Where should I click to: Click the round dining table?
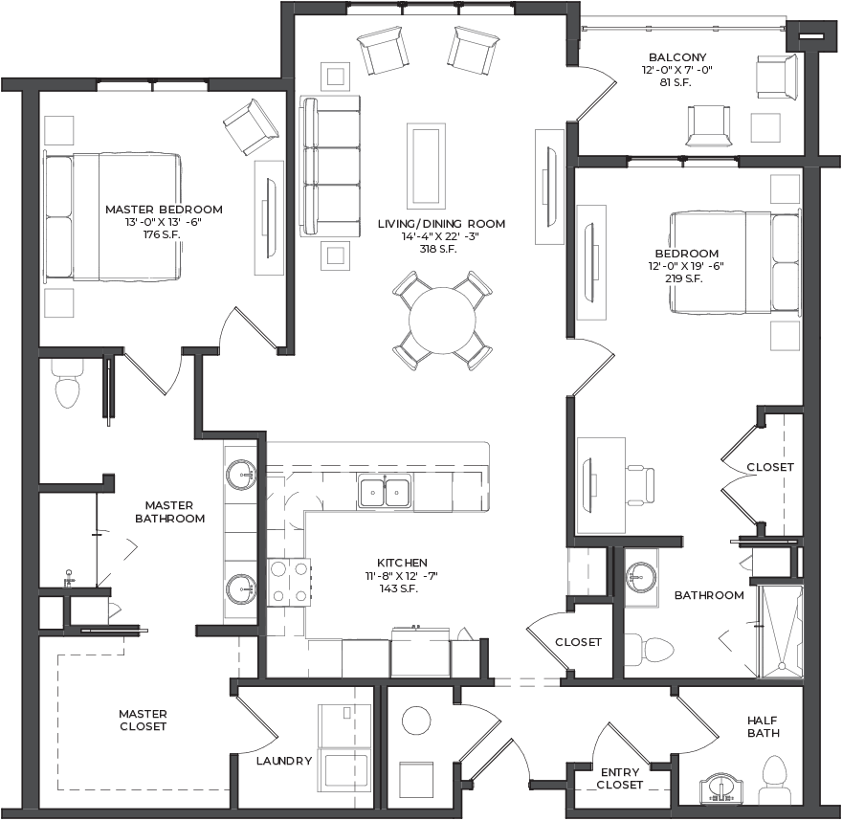click(442, 321)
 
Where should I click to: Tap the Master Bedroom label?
click(164, 210)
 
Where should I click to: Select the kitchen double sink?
click(385, 491)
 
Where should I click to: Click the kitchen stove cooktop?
click(289, 582)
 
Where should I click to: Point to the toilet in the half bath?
click(774, 779)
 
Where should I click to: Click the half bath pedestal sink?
click(721, 788)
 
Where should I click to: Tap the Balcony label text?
click(677, 56)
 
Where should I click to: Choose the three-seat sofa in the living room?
click(330, 166)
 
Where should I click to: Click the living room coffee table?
click(427, 166)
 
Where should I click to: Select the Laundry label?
click(284, 761)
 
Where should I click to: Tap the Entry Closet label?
click(620, 778)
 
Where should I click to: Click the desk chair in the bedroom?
click(640, 485)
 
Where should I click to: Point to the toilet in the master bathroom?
click(68, 384)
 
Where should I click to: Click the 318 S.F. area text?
click(438, 249)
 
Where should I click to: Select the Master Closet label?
click(143, 721)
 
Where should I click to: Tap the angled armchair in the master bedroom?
click(251, 127)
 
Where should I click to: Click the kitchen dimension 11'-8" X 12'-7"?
click(402, 576)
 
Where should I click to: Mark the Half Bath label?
click(764, 726)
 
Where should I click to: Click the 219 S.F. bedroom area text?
click(683, 278)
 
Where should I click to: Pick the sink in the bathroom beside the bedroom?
click(641, 578)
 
